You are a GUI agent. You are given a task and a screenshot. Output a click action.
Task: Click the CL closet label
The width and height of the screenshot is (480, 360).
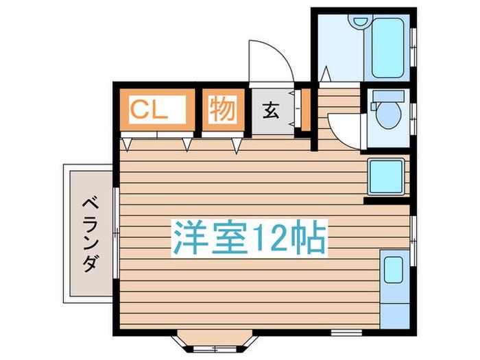coord(149,110)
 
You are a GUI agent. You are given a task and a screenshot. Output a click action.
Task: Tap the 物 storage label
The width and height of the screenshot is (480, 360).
coord(223,109)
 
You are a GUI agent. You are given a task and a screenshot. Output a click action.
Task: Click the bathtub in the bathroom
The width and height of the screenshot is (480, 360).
coord(387,48)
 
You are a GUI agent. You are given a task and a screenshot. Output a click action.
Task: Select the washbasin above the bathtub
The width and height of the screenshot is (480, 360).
coord(360,22)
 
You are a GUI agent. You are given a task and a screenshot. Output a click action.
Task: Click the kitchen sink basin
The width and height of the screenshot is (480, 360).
coord(394,269)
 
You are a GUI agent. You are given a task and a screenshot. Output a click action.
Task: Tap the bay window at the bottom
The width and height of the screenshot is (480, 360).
coord(215,341)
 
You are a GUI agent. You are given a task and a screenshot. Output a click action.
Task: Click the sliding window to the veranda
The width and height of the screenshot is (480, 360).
coord(116,233)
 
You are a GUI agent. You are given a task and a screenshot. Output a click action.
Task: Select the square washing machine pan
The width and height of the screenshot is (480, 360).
coord(386,176)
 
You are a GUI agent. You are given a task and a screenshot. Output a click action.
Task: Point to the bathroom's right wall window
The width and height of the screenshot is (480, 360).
coord(413,47)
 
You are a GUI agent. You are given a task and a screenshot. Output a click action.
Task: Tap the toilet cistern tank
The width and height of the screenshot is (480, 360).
coord(387,96)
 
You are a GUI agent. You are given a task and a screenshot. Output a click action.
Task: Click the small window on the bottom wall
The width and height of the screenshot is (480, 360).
coord(346,333)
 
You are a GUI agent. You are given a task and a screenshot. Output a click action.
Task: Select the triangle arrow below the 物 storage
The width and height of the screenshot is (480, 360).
coord(236,146)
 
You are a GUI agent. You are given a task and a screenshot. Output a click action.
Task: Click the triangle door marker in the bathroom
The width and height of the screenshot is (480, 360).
coord(326,74)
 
